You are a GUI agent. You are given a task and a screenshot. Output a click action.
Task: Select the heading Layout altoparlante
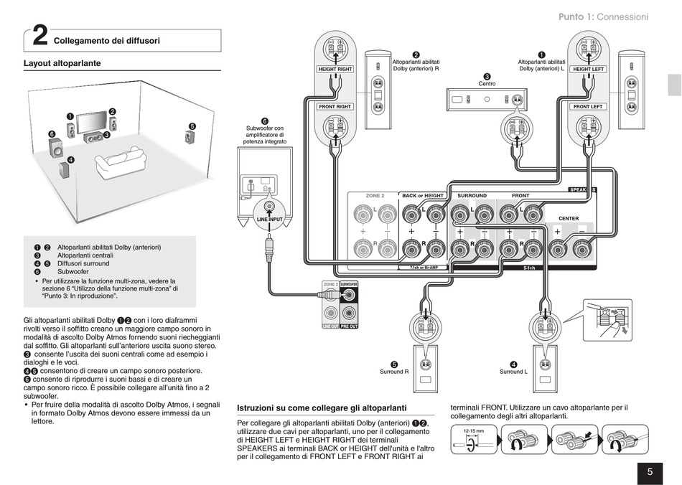(62, 64)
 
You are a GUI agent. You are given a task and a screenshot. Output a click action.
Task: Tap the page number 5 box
(649, 471)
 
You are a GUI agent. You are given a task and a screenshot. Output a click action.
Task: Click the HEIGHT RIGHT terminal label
(335, 70)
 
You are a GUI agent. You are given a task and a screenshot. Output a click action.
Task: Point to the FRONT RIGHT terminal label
(335, 106)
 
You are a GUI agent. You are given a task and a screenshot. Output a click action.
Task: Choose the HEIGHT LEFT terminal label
(589, 70)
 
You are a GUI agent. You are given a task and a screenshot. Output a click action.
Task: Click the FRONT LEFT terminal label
(589, 106)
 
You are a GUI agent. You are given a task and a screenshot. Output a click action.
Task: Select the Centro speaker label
(487, 84)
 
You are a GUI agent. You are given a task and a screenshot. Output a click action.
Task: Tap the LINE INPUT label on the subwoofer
(270, 219)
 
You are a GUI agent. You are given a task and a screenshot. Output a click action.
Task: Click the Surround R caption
(394, 372)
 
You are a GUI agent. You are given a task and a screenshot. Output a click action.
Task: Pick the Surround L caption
(513, 372)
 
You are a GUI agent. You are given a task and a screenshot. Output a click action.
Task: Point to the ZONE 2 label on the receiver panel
(375, 195)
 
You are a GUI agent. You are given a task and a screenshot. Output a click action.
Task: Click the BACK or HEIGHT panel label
(423, 195)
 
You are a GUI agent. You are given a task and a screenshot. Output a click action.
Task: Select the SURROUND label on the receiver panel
(472, 195)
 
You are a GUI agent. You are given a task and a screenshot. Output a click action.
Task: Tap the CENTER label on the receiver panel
(569, 218)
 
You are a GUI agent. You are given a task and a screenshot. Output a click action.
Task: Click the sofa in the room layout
(118, 161)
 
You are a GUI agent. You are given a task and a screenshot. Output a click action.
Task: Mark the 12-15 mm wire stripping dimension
(470, 431)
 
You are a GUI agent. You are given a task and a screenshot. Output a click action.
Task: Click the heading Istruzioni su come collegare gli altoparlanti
(322, 408)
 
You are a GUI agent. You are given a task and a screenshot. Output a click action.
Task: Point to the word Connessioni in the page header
(622, 17)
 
